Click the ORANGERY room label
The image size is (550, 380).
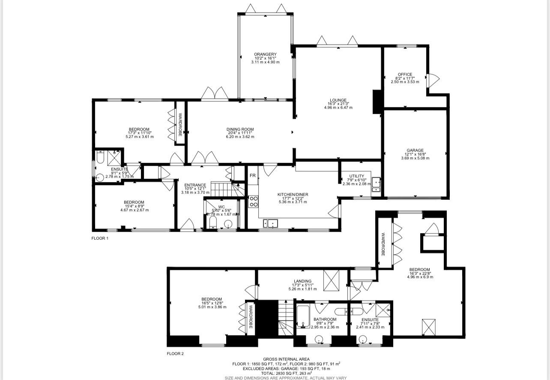265,54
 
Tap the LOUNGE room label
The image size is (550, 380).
338,100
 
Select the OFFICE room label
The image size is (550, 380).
405,75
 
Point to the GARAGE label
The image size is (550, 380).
415,151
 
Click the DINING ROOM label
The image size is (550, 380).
240,130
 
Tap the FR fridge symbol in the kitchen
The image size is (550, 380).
253,176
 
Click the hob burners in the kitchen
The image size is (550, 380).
253,202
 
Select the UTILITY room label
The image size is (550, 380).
356,176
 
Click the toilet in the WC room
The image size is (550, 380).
213,222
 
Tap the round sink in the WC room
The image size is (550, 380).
228,223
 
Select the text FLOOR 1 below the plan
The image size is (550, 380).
100,238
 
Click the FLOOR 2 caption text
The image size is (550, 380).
175,354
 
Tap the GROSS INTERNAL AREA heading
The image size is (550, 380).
286,359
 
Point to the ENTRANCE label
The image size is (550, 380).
195,185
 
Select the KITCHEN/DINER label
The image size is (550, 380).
293,195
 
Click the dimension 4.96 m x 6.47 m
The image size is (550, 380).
338,108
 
